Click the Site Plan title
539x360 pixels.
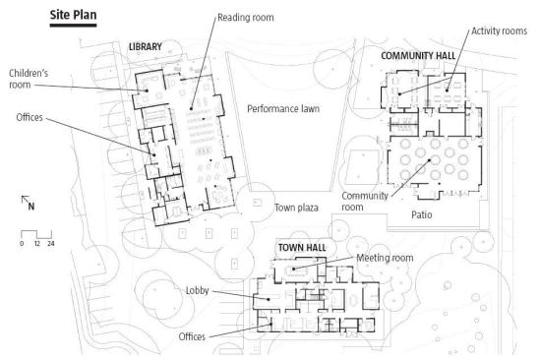(73, 15)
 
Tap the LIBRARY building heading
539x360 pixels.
(145, 47)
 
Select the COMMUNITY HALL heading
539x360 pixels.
(418, 56)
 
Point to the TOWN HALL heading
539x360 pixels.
(302, 248)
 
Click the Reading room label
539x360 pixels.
(246, 18)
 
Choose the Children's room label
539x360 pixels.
(29, 79)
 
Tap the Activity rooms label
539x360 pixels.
(499, 30)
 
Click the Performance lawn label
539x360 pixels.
(283, 109)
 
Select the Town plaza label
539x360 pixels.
(296, 208)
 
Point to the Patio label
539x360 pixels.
(421, 214)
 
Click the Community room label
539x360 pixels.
(364, 201)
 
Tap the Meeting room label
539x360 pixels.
(385, 258)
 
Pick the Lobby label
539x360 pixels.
(197, 290)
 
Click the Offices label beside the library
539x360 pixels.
(30, 118)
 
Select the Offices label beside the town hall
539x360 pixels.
(192, 336)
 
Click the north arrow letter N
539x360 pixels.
(31, 207)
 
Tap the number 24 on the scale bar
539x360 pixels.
(51, 244)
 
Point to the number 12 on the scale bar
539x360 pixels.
(37, 244)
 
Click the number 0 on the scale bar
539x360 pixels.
(22, 244)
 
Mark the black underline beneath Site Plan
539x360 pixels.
(73, 26)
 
